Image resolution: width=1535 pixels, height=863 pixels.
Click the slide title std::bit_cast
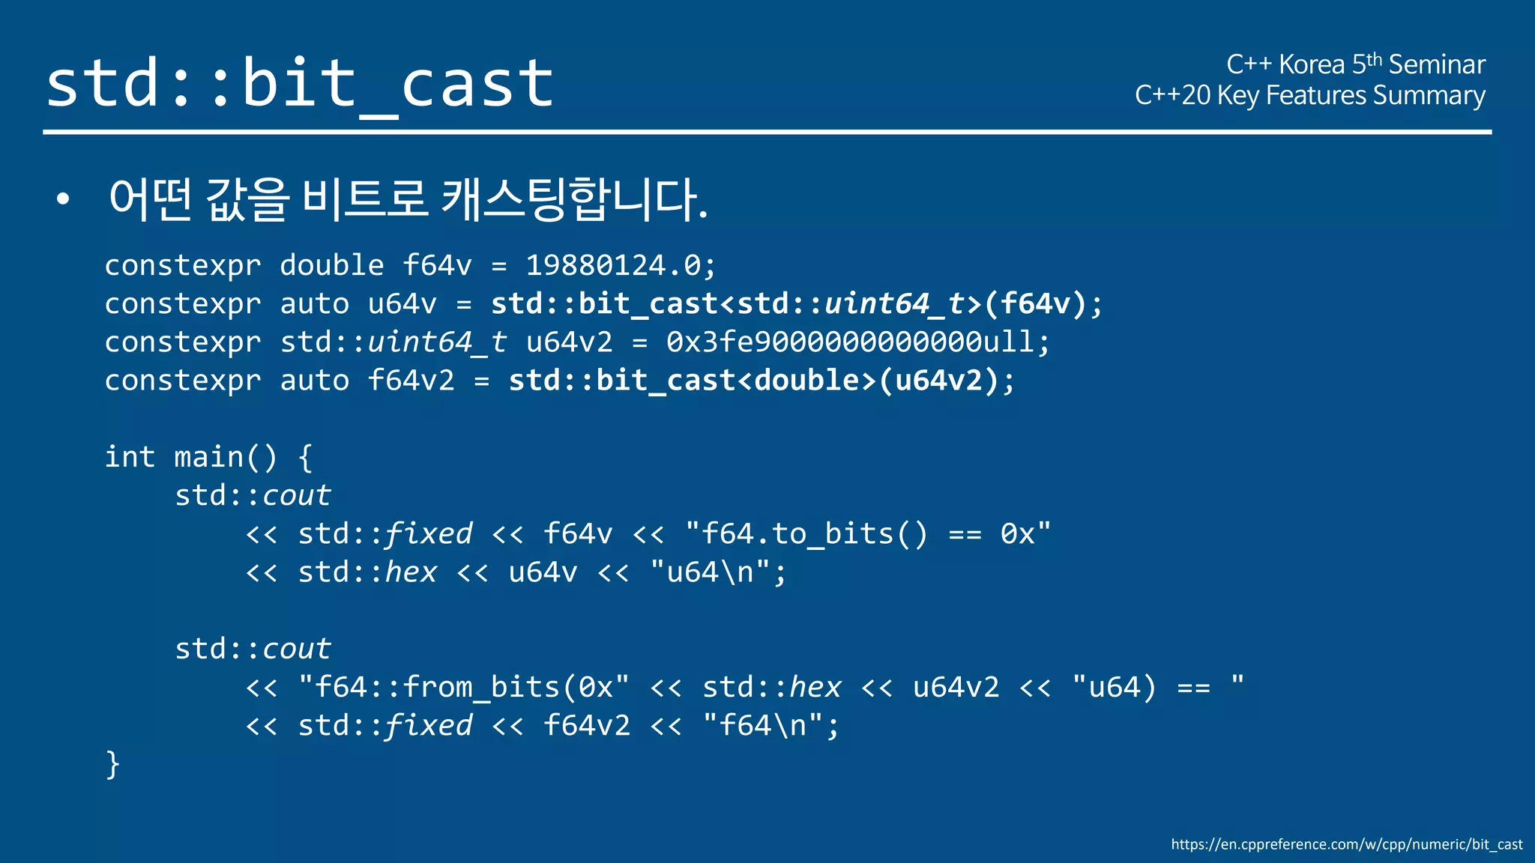[300, 84]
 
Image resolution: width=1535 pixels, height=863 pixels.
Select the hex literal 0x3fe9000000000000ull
[850, 342]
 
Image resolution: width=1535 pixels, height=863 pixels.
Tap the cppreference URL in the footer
[1346, 844]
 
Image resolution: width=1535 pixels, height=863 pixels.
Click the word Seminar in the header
[1436, 65]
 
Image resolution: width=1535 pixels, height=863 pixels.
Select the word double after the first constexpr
[331, 265]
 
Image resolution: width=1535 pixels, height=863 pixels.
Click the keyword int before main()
[130, 457]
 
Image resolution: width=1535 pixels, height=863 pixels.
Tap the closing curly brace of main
[112, 765]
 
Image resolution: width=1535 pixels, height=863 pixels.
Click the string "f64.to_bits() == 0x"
[867, 534]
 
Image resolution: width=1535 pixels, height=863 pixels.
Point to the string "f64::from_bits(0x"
[463, 687]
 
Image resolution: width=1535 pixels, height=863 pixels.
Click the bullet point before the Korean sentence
[63, 199]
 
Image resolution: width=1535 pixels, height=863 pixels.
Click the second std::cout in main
[253, 649]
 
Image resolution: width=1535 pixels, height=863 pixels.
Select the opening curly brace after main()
[305, 457]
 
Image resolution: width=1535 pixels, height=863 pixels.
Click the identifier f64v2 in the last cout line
[586, 726]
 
